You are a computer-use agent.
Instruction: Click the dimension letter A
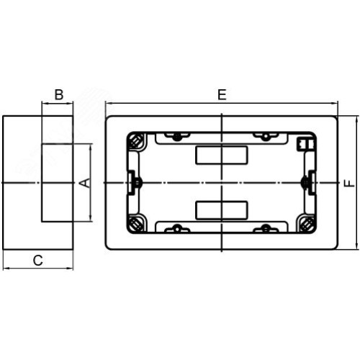[x=86, y=183]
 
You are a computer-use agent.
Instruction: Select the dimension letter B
[x=59, y=94]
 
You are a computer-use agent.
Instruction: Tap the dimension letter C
[x=38, y=261]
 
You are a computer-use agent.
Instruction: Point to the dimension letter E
[x=222, y=94]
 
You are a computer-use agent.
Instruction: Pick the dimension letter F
[x=349, y=183]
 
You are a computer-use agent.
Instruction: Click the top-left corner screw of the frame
[x=135, y=142]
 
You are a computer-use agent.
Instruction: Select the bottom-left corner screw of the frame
[x=136, y=224]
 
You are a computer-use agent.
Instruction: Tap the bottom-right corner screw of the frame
[x=307, y=225]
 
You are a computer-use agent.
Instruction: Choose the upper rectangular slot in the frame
[x=221, y=155]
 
